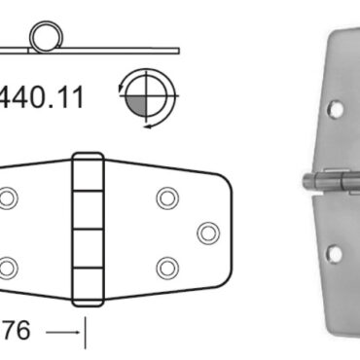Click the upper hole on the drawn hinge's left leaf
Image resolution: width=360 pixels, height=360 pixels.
tap(9, 199)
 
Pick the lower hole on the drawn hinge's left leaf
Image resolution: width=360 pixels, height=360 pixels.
tap(9, 268)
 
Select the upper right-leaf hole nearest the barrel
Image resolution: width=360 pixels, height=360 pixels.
tap(166, 199)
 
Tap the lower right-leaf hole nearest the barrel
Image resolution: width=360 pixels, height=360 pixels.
tap(166, 268)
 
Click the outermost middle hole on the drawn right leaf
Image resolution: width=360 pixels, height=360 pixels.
tap(207, 234)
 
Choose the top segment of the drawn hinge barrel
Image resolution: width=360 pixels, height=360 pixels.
tap(88, 171)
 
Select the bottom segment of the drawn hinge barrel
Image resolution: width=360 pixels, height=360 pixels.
tap(88, 292)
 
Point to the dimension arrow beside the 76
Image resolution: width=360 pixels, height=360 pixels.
tap(64, 333)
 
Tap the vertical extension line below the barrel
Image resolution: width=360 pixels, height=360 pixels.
tap(86, 333)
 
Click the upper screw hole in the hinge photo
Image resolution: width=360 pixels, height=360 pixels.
tap(335, 108)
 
